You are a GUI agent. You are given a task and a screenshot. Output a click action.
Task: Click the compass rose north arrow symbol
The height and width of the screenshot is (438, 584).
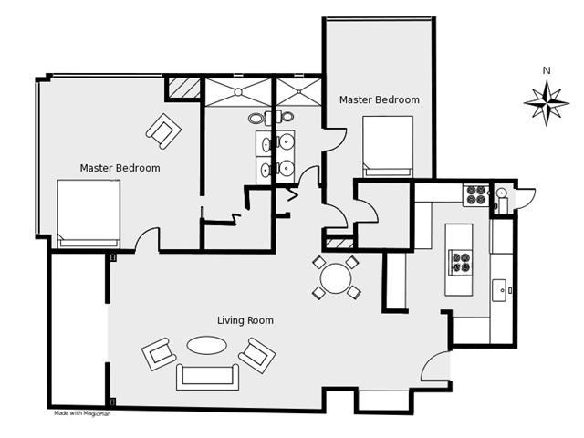pyautogui.click(x=547, y=103)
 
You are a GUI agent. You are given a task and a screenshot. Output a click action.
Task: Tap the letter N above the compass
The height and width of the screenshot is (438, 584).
pyautogui.click(x=547, y=70)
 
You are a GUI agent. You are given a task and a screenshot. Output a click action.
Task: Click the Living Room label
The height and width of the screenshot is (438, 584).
pyautogui.click(x=245, y=320)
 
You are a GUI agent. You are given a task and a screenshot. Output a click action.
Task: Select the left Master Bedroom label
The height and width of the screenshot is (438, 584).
pyautogui.click(x=120, y=168)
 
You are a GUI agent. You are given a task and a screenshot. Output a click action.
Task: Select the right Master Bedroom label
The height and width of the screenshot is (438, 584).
pyautogui.click(x=380, y=99)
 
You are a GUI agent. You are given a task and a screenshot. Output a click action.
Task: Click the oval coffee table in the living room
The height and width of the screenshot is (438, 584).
pyautogui.click(x=207, y=345)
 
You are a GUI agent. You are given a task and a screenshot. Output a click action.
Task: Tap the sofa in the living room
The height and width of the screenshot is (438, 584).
pyautogui.click(x=207, y=377)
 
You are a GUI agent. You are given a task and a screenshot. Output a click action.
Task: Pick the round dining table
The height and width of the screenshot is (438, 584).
pyautogui.click(x=336, y=278)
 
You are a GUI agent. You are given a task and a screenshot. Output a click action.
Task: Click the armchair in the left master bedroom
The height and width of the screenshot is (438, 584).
pyautogui.click(x=163, y=131)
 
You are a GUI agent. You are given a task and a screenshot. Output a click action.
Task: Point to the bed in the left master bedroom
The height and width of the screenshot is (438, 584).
pyautogui.click(x=89, y=214)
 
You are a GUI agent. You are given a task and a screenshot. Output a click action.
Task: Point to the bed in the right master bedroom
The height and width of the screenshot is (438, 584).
pyautogui.click(x=388, y=146)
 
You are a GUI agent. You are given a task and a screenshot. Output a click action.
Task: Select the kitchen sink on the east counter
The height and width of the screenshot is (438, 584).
pyautogui.click(x=499, y=290)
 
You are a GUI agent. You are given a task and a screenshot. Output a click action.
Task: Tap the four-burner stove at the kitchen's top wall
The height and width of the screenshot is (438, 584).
pyautogui.click(x=476, y=195)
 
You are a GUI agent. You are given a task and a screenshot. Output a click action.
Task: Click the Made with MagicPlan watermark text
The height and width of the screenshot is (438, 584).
pyautogui.click(x=82, y=413)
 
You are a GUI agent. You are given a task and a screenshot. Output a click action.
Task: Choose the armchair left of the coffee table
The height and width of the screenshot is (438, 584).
pyautogui.click(x=159, y=354)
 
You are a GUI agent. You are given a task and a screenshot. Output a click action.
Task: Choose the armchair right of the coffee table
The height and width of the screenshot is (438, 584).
pyautogui.click(x=257, y=355)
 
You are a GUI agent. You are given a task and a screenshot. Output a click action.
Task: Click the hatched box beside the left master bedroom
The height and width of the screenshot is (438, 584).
pyautogui.click(x=183, y=88)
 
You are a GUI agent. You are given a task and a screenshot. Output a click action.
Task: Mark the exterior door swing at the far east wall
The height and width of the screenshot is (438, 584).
pyautogui.click(x=527, y=198)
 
